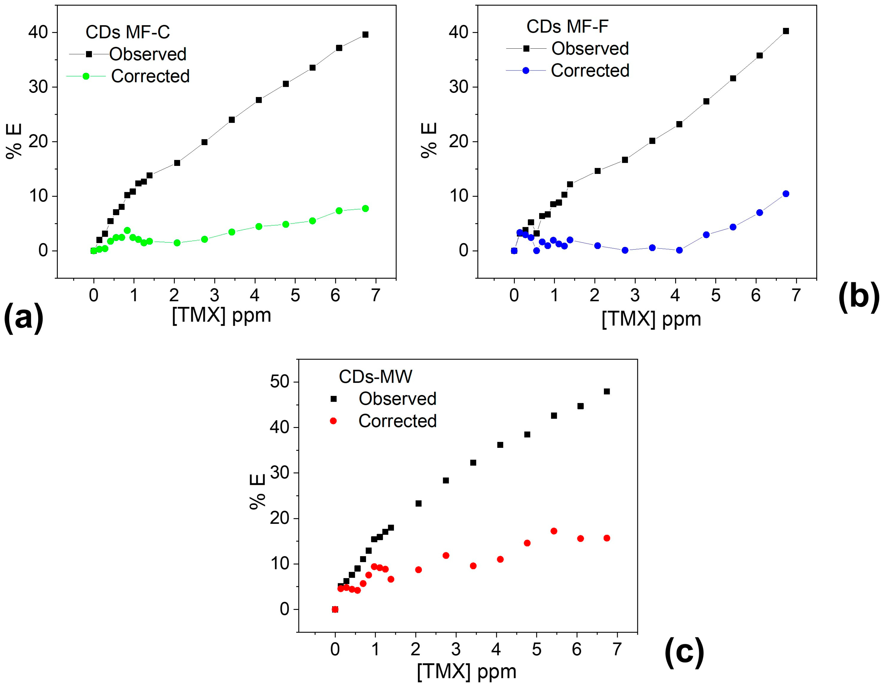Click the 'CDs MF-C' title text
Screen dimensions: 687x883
(128, 32)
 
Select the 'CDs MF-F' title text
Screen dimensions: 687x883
(567, 27)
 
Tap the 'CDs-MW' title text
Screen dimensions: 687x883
(375, 377)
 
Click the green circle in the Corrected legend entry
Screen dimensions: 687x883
(86, 76)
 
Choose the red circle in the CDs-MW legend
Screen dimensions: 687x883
(333, 421)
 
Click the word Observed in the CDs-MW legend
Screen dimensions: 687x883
(398, 399)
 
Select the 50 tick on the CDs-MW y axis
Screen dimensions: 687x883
(280, 382)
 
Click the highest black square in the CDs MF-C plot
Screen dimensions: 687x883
(365, 35)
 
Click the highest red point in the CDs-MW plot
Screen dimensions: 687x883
(554, 531)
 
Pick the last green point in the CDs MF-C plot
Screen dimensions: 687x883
(365, 208)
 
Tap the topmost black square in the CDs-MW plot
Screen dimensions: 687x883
(606, 391)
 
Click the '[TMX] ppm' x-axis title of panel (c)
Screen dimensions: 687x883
(467, 671)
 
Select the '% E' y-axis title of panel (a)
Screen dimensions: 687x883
(15, 142)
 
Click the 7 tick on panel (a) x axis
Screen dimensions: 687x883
(376, 296)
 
